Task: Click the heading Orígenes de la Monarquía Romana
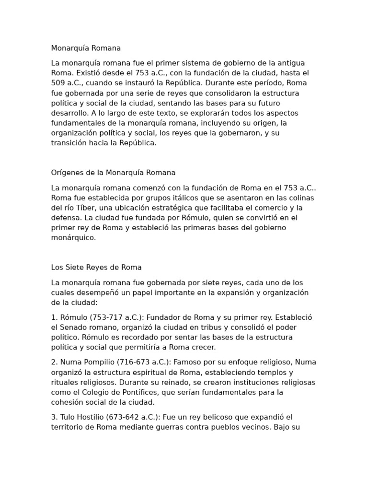tap(113, 173)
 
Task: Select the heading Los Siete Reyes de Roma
tap(96, 268)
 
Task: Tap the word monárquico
tap(74, 238)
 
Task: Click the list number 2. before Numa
tap(54, 362)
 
